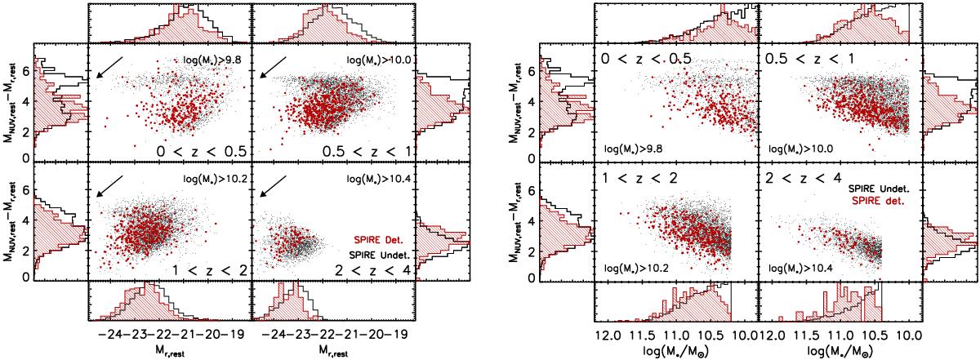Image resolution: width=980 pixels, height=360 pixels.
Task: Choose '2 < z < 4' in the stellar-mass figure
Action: pyautogui.click(x=800, y=175)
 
